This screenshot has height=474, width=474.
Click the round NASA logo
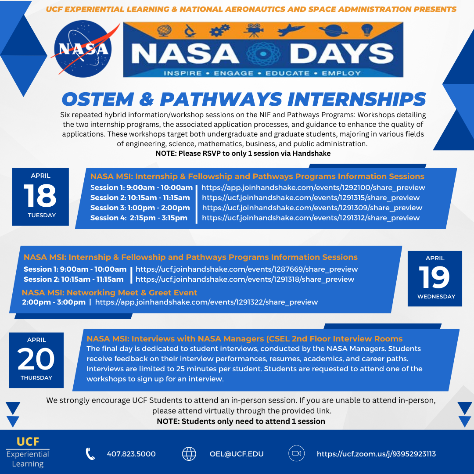click(83, 50)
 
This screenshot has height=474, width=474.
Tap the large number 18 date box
click(40, 196)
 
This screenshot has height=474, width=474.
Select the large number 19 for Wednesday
click(434, 277)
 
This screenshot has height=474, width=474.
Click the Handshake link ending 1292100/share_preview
click(313, 187)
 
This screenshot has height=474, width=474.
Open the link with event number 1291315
click(311, 197)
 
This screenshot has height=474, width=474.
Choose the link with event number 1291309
click(312, 208)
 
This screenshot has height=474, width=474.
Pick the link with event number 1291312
click(311, 218)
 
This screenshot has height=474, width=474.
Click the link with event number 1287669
click(247, 269)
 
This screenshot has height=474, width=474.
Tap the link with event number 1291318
click(245, 279)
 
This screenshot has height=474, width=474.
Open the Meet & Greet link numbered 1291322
click(206, 302)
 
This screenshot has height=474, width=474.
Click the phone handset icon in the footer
click(90, 454)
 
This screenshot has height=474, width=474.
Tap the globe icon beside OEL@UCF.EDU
click(189, 454)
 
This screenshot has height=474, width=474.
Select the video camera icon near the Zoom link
click(296, 454)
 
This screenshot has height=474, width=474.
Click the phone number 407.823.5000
click(131, 454)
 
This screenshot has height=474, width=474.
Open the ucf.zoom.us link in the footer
click(376, 454)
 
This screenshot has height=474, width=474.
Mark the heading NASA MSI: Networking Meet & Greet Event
click(110, 292)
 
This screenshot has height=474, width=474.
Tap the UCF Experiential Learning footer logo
click(28, 452)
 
